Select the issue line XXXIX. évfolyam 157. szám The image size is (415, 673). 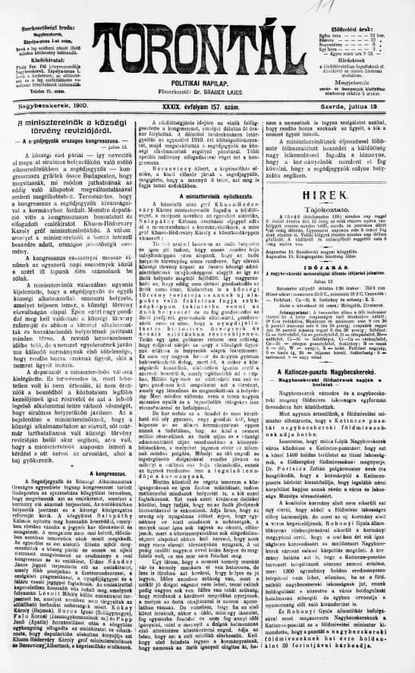(206, 108)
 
